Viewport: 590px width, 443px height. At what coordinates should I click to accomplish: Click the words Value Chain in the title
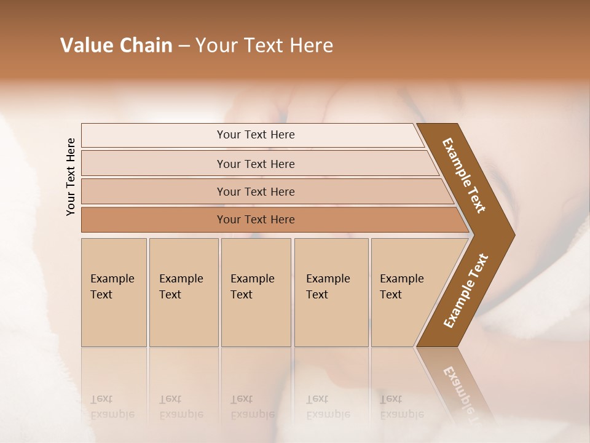tap(116, 46)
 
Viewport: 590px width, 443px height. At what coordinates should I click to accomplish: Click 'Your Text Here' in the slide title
tap(264, 46)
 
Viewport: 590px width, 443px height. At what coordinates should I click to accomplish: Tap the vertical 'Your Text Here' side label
tap(71, 177)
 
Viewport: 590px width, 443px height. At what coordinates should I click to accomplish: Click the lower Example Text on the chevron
tap(465, 291)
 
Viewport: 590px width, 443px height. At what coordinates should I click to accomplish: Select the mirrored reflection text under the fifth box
tap(401, 407)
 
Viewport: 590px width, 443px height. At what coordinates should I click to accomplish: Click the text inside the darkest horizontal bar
tap(256, 220)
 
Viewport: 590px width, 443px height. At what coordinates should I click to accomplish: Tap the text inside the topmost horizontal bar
tap(256, 135)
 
